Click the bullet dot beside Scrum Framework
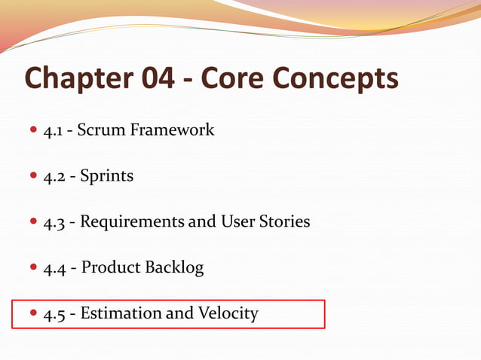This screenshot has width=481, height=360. click(33, 130)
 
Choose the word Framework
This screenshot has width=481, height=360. click(173, 130)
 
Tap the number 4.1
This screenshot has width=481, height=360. click(53, 130)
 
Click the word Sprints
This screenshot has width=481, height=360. click(107, 176)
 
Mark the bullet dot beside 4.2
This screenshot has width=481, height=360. click(33, 176)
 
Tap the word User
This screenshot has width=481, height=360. click(237, 222)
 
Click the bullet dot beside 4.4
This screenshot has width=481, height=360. click(33, 268)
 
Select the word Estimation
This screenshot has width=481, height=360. click(120, 313)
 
